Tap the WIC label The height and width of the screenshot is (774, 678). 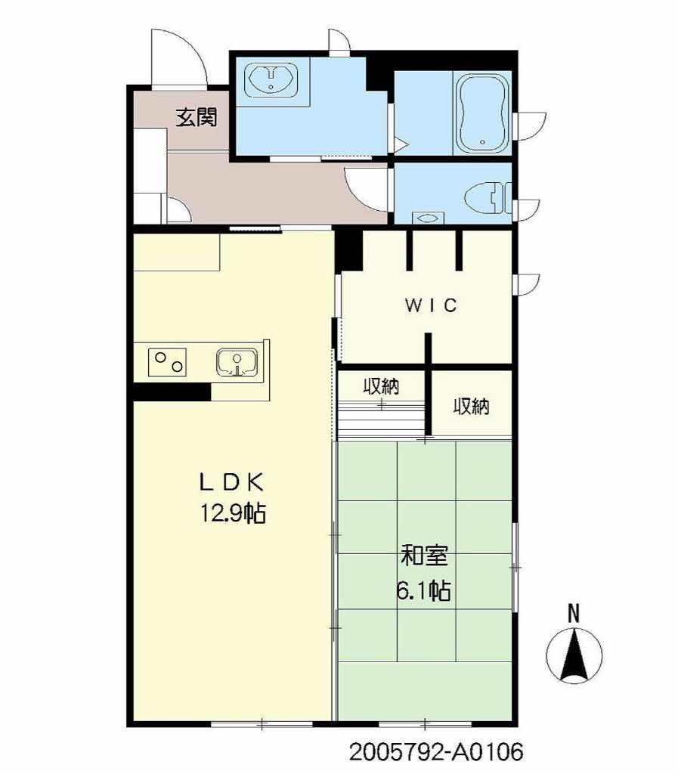coord(431,305)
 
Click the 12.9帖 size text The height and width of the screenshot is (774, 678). coord(232,514)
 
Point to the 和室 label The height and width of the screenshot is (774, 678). coord(424,557)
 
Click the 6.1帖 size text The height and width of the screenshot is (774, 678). coord(424,590)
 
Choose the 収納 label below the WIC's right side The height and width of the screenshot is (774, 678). coord(471,407)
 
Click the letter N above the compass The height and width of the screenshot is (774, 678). coord(574,614)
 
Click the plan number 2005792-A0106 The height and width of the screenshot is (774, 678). coord(436,753)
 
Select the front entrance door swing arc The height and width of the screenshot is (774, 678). coord(178,57)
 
